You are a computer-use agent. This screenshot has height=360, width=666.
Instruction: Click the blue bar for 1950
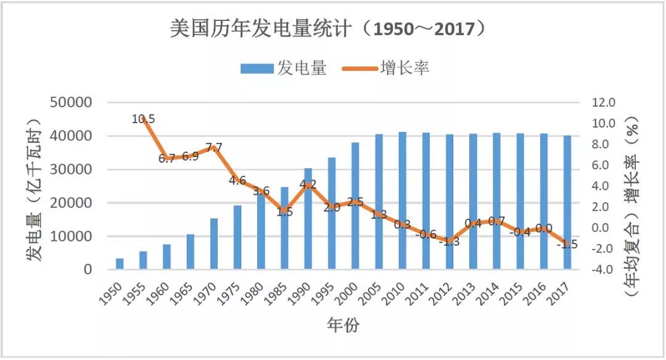(120, 264)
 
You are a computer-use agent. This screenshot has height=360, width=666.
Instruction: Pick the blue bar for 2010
(402, 201)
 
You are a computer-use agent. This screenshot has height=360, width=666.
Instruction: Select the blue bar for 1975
(237, 237)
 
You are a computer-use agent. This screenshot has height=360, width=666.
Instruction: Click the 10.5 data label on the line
(143, 119)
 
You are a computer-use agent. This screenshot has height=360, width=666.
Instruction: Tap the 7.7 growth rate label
(213, 147)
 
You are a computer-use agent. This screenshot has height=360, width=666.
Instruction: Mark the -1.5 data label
(567, 244)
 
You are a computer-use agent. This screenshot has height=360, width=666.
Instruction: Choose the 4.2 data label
(308, 184)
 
